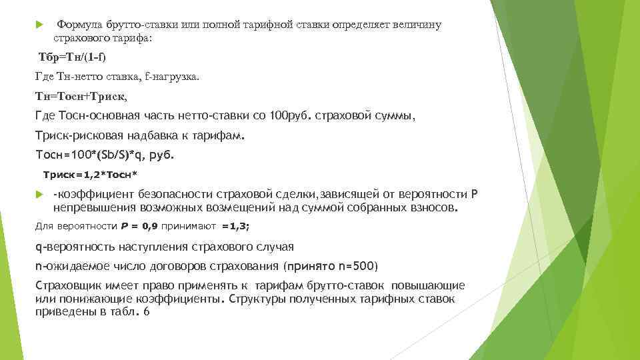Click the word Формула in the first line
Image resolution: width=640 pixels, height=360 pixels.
(x=77, y=25)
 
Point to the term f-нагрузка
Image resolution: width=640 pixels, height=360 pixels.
(x=169, y=77)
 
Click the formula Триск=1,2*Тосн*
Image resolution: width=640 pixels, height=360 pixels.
(x=90, y=175)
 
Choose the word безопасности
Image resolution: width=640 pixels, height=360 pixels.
(x=173, y=195)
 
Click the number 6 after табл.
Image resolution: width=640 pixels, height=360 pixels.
(x=146, y=311)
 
